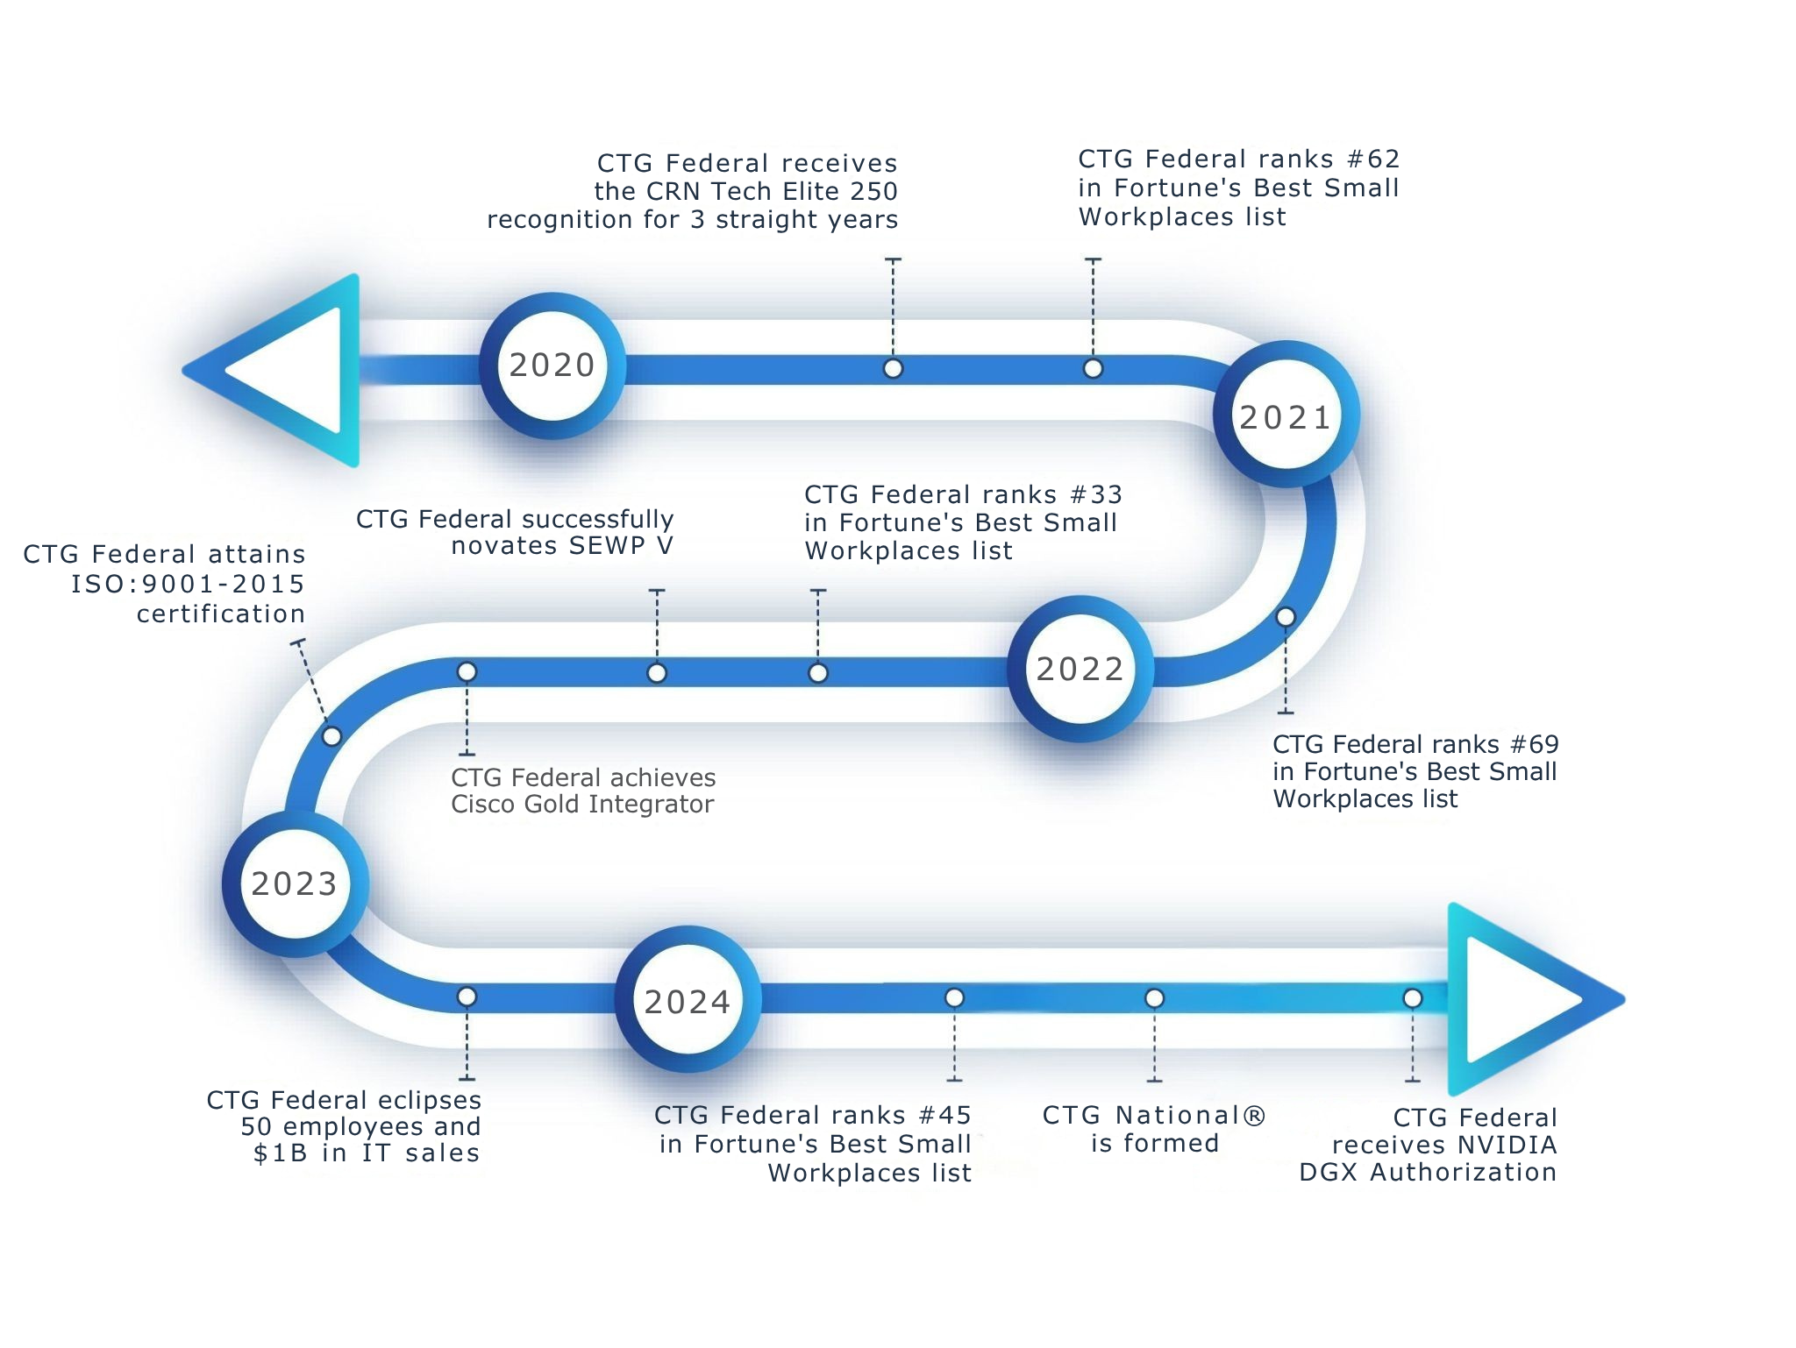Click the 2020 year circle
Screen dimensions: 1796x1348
click(x=552, y=365)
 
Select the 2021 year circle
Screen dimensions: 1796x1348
click(x=1286, y=415)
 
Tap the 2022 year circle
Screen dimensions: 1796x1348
click(x=1080, y=669)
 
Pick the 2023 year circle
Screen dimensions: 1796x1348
click(x=296, y=883)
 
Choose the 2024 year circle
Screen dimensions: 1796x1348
click(x=688, y=1000)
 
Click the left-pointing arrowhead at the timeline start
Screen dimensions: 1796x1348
click(x=272, y=370)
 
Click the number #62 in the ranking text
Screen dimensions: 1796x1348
click(x=1373, y=159)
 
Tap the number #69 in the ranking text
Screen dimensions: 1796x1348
click(x=1534, y=744)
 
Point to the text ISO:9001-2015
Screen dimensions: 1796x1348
click(x=188, y=584)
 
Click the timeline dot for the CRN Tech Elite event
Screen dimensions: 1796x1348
click(x=893, y=369)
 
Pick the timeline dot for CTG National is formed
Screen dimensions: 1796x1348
click(x=1155, y=998)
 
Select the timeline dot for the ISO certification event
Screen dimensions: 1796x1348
click(x=331, y=736)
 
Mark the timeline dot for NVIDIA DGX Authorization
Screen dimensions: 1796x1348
click(x=1413, y=998)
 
